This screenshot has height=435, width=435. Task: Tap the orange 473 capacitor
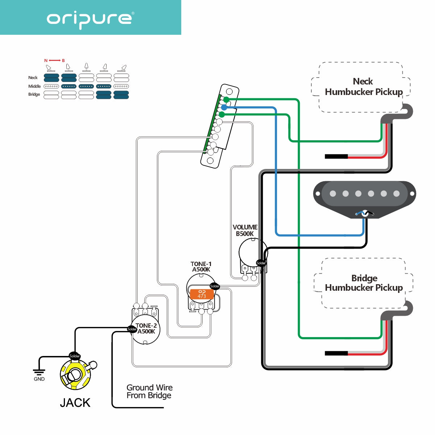202,294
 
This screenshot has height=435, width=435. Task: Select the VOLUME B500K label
245,231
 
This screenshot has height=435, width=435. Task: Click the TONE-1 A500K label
201,267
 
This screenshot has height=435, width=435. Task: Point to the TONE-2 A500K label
146,328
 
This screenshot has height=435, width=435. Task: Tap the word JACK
75,403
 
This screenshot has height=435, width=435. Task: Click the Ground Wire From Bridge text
149,391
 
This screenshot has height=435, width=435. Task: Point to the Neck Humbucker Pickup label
363,87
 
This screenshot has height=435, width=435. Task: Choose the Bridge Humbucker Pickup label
364,283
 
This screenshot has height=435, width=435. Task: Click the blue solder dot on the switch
224,107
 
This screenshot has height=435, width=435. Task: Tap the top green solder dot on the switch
226,99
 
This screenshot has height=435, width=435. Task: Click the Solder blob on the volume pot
261,263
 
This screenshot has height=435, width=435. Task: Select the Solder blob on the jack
75,356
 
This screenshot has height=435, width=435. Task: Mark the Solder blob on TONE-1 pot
215,286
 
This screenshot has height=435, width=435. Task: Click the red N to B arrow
55,61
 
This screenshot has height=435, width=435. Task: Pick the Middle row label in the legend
34,86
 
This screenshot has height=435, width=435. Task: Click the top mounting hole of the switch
229,91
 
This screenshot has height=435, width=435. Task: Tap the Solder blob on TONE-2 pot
132,329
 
